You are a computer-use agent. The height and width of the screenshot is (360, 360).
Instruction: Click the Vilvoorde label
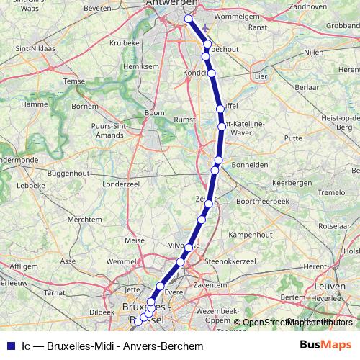pyautogui.click(x=183, y=246)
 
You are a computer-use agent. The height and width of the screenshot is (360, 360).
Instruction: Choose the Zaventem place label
pyautogui.click(x=210, y=285)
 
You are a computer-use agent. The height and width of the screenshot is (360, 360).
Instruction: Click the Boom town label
pyautogui.click(x=155, y=113)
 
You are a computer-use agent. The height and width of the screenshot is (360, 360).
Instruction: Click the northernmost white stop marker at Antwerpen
pyautogui.click(x=189, y=19)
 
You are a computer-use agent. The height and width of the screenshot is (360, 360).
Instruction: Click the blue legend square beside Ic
pyautogui.click(x=10, y=346)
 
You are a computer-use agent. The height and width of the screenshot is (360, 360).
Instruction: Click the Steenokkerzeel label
pyautogui.click(x=233, y=261)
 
